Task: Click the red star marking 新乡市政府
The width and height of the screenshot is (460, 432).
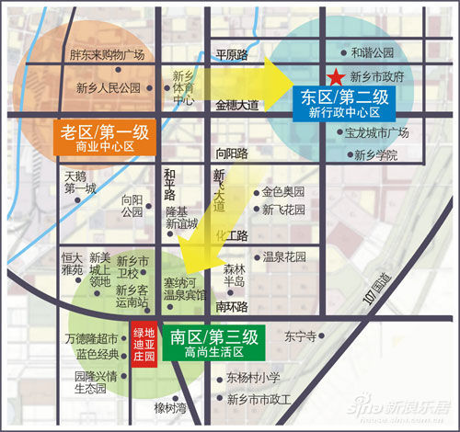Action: (338, 77)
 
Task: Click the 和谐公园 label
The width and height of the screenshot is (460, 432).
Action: (373, 53)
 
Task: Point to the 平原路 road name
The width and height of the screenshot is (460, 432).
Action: (232, 55)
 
